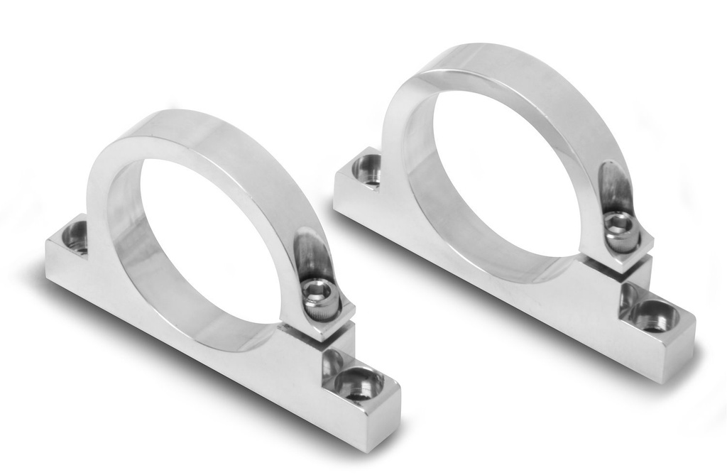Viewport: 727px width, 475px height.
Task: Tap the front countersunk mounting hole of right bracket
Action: [654, 315]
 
